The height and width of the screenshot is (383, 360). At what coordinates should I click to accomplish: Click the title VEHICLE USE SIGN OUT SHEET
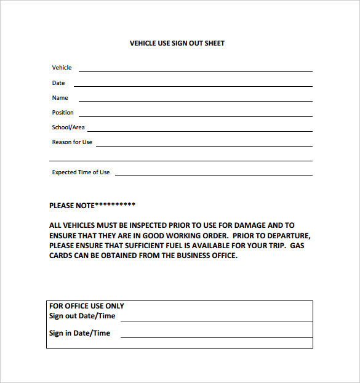[177, 44]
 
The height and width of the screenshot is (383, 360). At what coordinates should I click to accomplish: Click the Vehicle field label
[62, 68]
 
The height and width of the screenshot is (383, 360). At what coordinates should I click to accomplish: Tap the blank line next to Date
[193, 85]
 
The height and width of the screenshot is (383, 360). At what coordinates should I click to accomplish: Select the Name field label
[60, 98]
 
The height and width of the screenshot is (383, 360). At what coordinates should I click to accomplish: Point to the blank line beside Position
[195, 115]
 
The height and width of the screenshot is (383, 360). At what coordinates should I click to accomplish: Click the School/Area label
[68, 127]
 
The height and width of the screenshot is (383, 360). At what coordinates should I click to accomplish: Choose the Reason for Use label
[72, 142]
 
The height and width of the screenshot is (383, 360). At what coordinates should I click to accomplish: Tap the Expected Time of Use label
[81, 172]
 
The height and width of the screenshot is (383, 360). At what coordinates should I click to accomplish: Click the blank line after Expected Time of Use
[213, 175]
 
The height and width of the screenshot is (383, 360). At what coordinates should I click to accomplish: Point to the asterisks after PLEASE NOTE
[115, 204]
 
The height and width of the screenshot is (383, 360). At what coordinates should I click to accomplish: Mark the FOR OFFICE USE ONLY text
[86, 306]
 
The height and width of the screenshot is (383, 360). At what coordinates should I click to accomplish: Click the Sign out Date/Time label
[82, 316]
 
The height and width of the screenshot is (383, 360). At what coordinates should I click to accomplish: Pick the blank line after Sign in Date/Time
[216, 336]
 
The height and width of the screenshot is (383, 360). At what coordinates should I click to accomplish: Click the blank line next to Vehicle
[195, 71]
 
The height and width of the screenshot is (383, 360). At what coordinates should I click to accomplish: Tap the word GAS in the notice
[297, 246]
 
